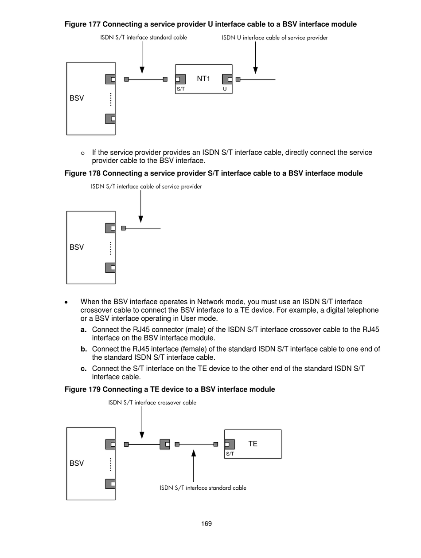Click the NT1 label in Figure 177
[203, 79]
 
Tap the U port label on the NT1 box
[225, 89]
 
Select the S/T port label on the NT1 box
[180, 89]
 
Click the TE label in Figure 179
[253, 444]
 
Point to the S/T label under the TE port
[230, 454]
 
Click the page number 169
[206, 523]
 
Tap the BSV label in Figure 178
[77, 247]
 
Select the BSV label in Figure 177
[77, 98]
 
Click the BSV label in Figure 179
[77, 463]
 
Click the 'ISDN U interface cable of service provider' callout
[275, 38]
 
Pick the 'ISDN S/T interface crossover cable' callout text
[152, 403]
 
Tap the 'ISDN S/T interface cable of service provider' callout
[146, 187]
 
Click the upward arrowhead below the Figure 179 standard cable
[194, 453]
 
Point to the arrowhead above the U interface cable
[255, 70]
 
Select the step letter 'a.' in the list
[84, 330]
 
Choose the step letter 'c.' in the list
[84, 369]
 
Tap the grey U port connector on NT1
[227, 79]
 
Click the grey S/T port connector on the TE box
[229, 444]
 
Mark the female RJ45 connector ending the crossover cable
[165, 444]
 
